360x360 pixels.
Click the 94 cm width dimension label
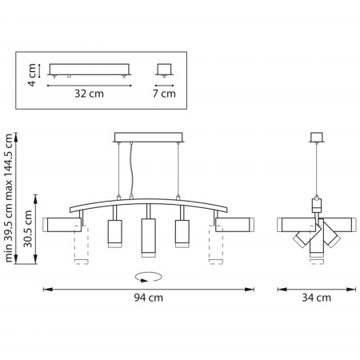pos(148,298)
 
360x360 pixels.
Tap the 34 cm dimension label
pos(316,298)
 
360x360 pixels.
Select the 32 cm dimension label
pos(89,94)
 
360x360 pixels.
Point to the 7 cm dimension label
pos(164,94)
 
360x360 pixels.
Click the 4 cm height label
pos(32,75)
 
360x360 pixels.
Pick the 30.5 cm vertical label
pos(27,229)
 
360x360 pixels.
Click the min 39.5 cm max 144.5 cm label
pos(9,198)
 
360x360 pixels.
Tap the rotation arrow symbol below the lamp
pos(149,277)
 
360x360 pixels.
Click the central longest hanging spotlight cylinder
pos(149,238)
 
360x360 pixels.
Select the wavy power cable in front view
pos(131,170)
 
